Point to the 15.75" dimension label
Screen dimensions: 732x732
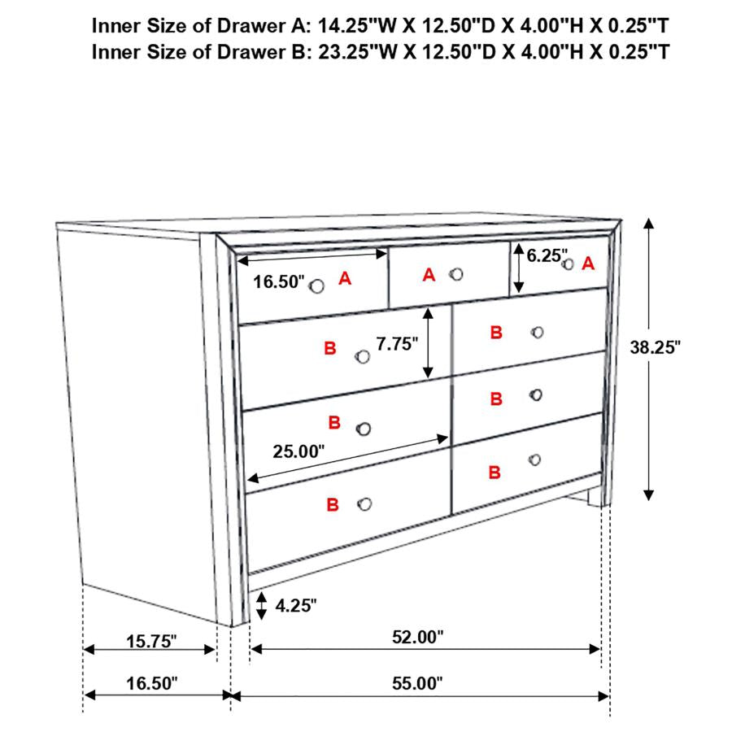151,642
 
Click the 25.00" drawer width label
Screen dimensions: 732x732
298,451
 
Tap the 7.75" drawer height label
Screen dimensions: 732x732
396,342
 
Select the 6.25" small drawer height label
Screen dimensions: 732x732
547,255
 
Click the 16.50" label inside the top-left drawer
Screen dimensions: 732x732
278,282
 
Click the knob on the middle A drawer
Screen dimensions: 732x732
456,274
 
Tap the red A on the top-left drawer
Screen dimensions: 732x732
345,279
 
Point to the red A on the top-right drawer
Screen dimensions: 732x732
589,264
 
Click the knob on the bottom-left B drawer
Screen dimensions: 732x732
364,504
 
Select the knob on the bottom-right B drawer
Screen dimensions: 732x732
534,460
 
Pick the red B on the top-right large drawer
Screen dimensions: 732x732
496,333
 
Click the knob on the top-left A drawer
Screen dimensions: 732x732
317,285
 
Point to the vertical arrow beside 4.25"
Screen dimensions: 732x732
261,604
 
